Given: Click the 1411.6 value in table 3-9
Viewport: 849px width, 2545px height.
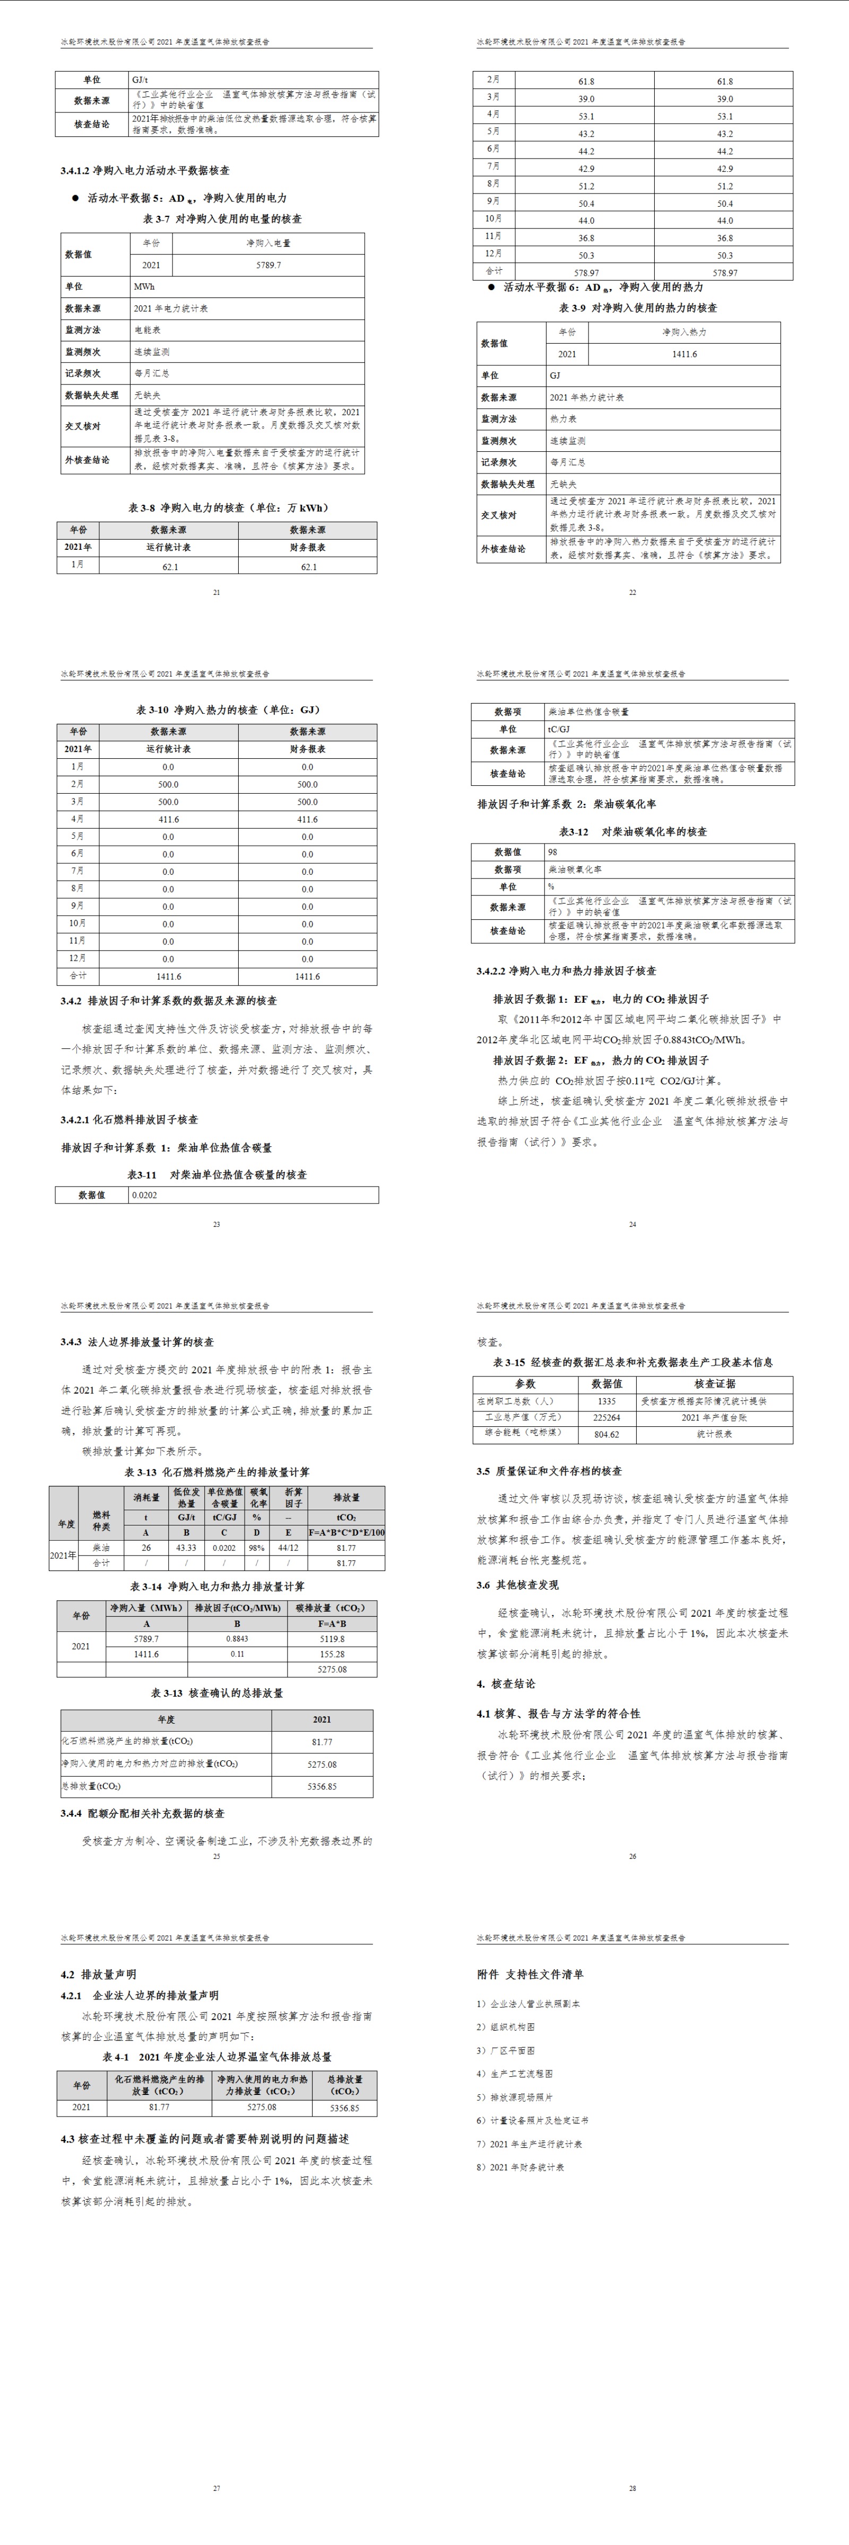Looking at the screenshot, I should [x=684, y=354].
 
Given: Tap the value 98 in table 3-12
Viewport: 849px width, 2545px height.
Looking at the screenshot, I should [x=553, y=852].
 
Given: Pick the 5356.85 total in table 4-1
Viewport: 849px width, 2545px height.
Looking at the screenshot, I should [x=345, y=2108].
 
